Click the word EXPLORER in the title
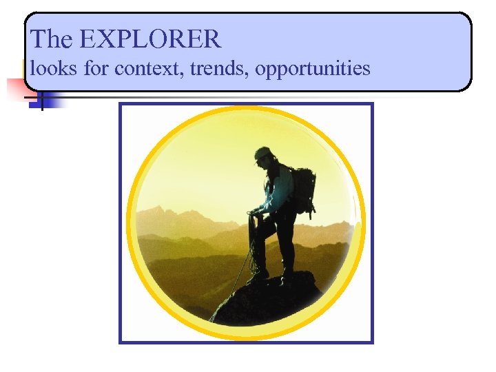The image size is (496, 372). (x=151, y=39)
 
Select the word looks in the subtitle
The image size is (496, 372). (x=54, y=68)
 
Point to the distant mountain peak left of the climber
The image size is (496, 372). (x=163, y=210)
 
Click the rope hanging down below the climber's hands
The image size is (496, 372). (x=238, y=282)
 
